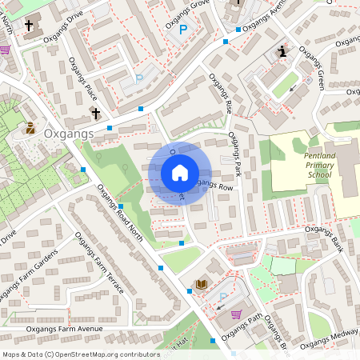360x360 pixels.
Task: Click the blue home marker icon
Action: (180, 173)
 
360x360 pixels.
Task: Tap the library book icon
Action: (202, 285)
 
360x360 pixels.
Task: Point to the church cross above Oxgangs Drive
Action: (30, 25)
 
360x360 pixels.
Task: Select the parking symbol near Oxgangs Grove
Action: (183, 30)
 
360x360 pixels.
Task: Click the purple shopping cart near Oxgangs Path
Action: (236, 314)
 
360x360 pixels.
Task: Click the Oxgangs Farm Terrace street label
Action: (99, 263)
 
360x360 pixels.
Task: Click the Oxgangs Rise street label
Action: (220, 94)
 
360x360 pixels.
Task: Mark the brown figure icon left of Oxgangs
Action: (30, 127)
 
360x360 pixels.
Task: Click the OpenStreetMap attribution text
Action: (81, 354)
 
